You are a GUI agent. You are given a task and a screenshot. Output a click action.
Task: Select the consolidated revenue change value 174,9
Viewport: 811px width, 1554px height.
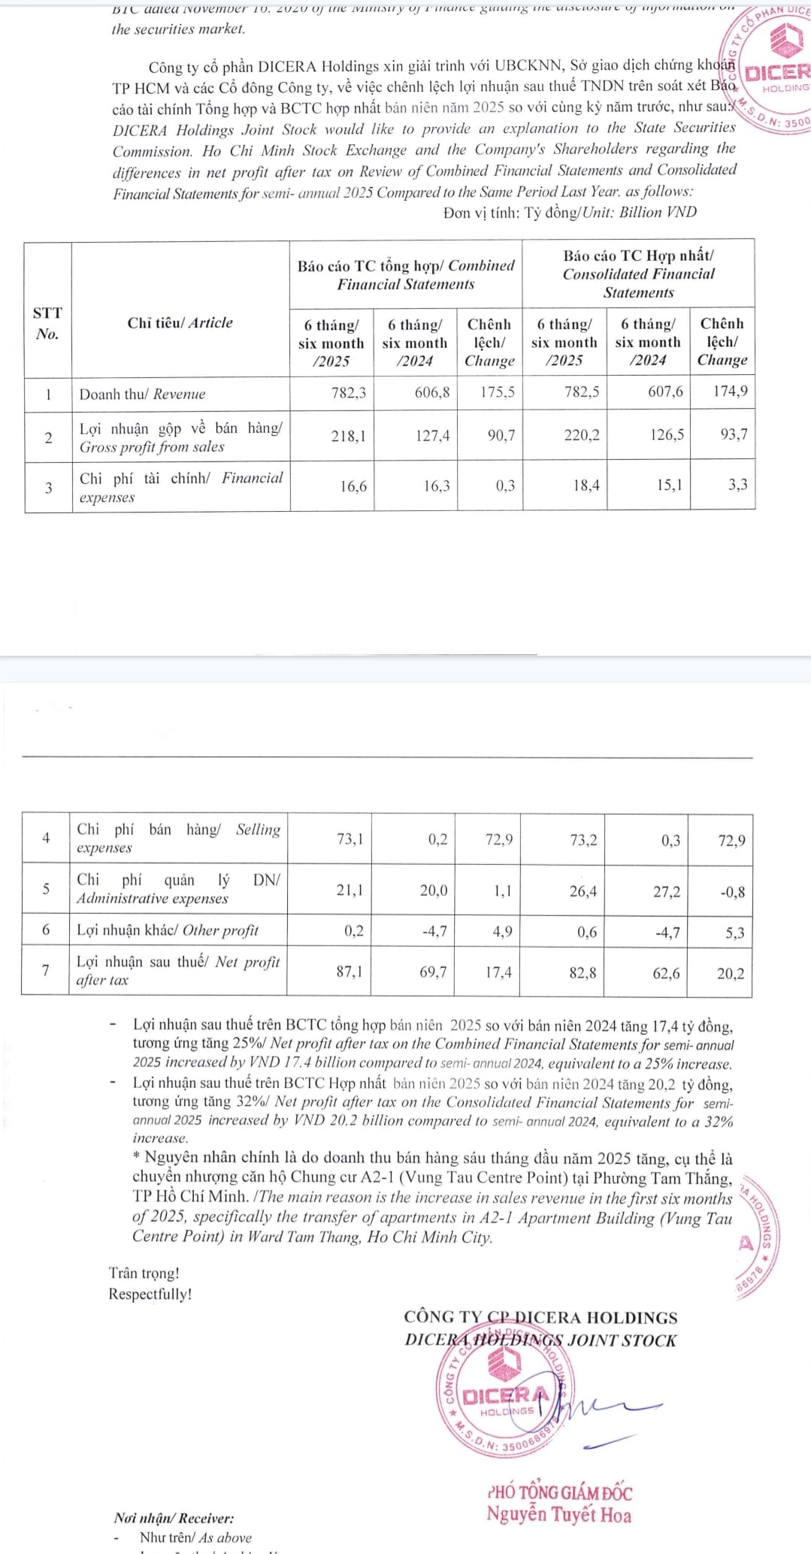(x=730, y=391)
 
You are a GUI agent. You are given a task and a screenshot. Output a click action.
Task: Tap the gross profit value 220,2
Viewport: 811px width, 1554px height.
(x=582, y=434)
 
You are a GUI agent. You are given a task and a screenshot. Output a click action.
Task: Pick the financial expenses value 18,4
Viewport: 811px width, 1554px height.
(x=586, y=485)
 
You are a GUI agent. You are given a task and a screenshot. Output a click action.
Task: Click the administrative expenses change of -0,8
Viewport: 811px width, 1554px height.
(x=732, y=892)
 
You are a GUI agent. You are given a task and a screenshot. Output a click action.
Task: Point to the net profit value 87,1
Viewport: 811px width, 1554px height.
(x=350, y=972)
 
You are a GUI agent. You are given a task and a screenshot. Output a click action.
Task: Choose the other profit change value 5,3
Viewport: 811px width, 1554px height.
(x=735, y=933)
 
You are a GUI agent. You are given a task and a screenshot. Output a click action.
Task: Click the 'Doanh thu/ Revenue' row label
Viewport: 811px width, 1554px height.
(x=143, y=394)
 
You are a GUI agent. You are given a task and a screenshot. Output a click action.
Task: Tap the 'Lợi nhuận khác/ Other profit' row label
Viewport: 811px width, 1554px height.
(x=168, y=930)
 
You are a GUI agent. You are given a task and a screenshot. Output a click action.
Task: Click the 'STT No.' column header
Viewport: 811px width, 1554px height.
(x=47, y=323)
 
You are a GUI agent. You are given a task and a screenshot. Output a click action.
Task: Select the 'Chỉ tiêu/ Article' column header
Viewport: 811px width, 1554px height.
(x=180, y=323)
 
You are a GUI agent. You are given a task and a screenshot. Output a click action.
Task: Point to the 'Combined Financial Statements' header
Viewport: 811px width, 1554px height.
(x=406, y=275)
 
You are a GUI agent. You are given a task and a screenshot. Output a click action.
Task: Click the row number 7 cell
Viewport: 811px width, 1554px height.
(x=46, y=971)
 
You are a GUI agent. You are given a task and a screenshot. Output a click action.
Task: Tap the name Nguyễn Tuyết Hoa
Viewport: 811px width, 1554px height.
(x=558, y=1515)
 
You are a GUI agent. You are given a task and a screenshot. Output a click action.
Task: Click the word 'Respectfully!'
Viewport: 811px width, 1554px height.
(x=150, y=1294)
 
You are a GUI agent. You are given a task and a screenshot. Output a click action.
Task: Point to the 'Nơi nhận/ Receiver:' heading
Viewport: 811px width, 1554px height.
(x=174, y=1518)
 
